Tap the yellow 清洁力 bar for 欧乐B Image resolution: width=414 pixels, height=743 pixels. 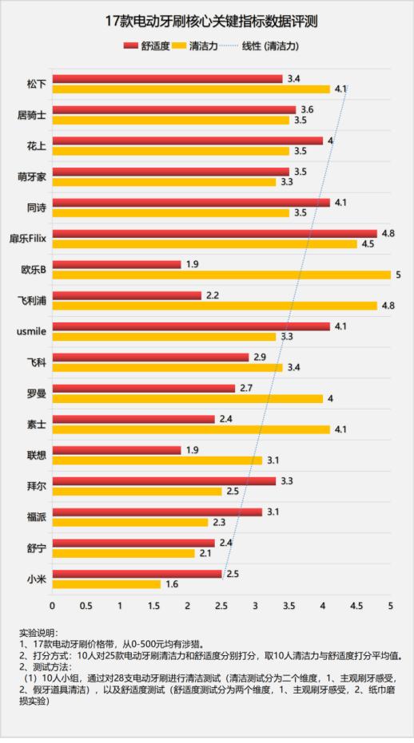tap(221, 275)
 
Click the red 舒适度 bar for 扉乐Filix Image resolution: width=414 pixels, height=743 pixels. tap(214, 234)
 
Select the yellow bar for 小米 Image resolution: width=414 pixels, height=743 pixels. tap(106, 583)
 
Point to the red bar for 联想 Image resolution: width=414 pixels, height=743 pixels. tap(117, 450)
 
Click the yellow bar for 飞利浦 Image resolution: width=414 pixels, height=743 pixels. tap(214, 305)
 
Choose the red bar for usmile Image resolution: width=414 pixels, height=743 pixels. tap(191, 326)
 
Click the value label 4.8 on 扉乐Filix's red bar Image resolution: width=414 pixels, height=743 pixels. tap(389, 234)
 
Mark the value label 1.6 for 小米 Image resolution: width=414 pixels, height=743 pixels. tap(172, 584)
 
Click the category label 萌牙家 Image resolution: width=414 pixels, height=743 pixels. tap(32, 176)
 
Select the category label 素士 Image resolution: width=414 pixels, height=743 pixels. tap(36, 424)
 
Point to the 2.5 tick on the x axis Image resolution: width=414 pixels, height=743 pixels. tap(221, 607)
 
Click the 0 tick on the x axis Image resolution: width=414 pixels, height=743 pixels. tap(53, 607)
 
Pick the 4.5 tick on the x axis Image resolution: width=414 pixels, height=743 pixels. tap(356, 607)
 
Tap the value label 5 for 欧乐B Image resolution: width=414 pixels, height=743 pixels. tap(397, 275)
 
